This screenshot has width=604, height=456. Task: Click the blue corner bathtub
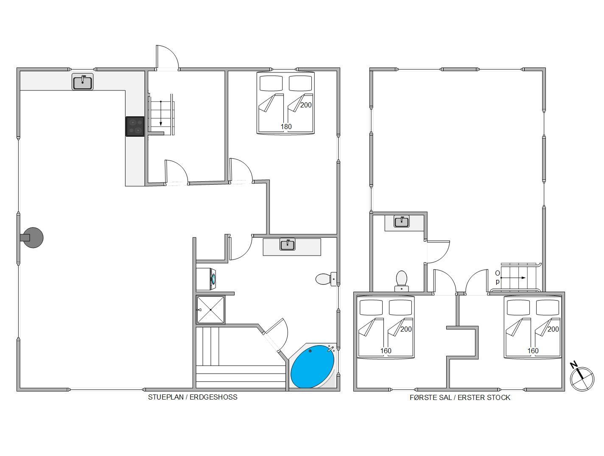[313, 366]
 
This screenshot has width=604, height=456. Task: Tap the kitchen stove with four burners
[135, 127]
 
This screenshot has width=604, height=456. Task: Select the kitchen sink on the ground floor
[83, 82]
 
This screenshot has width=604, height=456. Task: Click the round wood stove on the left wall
[32, 238]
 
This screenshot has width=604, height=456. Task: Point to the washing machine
[206, 279]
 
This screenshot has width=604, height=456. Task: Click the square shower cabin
[210, 310]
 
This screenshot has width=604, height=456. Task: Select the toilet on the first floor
[402, 281]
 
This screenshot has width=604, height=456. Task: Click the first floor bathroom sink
[402, 222]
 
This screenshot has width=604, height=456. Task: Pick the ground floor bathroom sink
[287, 245]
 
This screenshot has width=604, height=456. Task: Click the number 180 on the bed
[286, 127]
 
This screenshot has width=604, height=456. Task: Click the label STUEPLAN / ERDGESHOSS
[193, 397]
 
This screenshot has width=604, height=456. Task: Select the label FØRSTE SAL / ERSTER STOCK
[460, 397]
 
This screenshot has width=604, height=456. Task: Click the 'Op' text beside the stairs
[498, 277]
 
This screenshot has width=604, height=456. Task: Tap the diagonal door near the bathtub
[276, 335]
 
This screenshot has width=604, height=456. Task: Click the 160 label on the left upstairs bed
[386, 351]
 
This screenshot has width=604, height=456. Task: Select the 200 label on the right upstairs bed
[553, 329]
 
